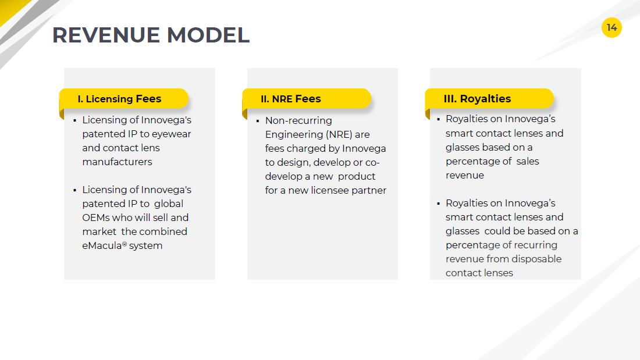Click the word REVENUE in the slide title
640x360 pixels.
[106, 35]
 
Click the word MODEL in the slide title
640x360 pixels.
[208, 35]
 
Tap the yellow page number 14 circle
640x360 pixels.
[611, 28]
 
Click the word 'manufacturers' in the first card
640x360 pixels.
[117, 162]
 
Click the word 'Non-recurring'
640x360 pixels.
[298, 121]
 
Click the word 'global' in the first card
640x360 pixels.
[169, 204]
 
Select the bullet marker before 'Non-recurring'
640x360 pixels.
[258, 121]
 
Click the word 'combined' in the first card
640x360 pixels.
[163, 231]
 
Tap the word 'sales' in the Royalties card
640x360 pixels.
[527, 162]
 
